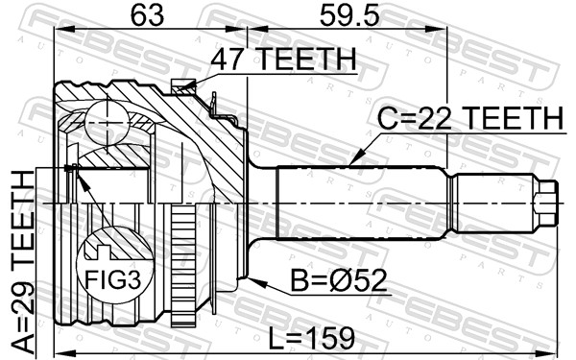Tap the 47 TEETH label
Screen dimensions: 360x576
(282, 60)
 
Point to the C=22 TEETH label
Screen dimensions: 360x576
(468, 119)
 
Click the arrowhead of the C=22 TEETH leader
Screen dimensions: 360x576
(354, 162)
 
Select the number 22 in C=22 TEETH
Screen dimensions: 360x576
(436, 119)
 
